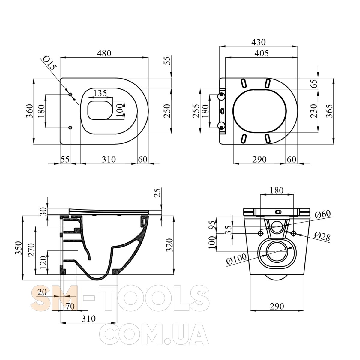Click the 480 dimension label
[x=104, y=53]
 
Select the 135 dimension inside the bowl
[x=100, y=93]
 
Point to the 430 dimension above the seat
[x=259, y=42]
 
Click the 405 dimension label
[x=262, y=53]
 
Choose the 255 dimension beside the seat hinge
[x=196, y=111]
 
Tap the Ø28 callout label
[x=322, y=236]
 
